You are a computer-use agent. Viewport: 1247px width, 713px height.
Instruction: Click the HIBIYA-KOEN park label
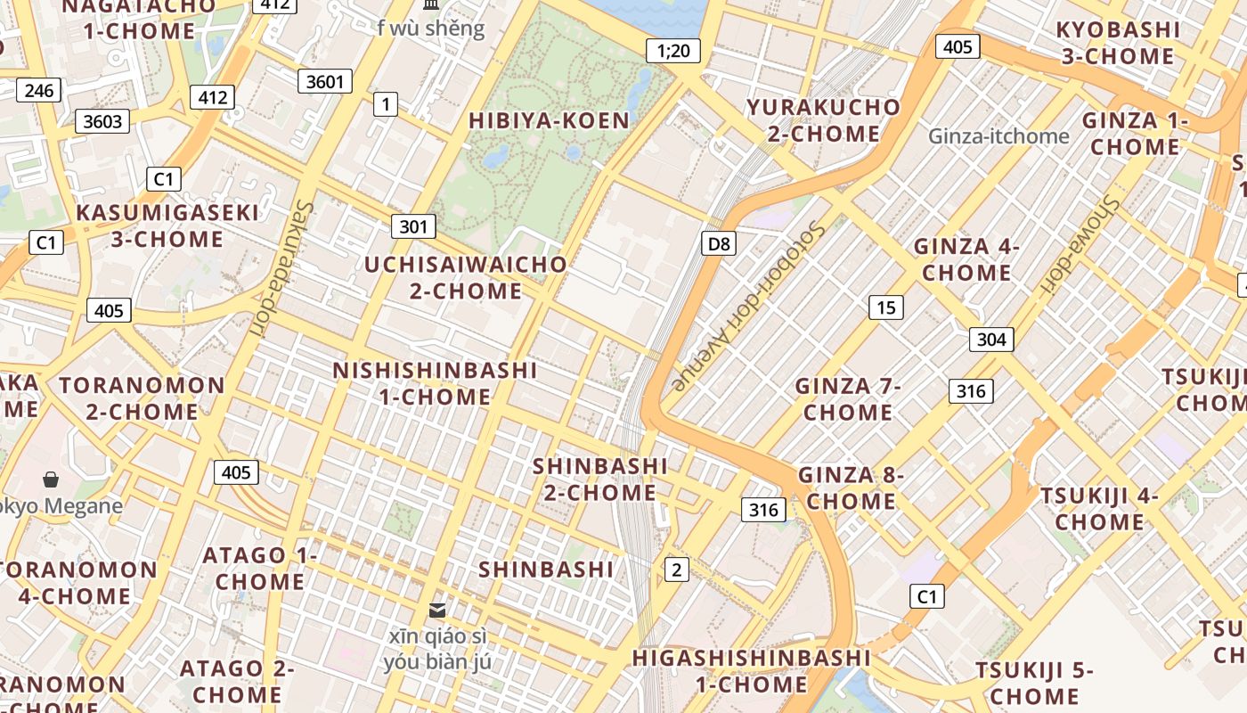(x=549, y=120)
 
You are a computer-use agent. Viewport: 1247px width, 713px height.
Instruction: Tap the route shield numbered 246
(x=39, y=90)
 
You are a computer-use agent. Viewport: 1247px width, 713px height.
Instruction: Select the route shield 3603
(x=102, y=120)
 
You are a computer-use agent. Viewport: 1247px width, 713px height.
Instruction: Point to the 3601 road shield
(x=324, y=82)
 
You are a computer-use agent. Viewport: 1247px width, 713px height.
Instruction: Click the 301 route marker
(x=413, y=226)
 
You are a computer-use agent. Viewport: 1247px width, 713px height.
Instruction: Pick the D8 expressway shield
(x=718, y=243)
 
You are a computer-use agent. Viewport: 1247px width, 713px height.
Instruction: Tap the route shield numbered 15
(x=885, y=307)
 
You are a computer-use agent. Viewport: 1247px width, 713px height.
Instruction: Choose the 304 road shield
(x=991, y=339)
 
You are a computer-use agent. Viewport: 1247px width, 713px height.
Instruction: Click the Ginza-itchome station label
(x=998, y=136)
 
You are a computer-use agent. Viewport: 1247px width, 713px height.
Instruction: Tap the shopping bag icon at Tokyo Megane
(x=51, y=479)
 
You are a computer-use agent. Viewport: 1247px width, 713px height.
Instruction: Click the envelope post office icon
(x=437, y=610)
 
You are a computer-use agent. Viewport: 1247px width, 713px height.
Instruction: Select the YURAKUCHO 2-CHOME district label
(x=824, y=120)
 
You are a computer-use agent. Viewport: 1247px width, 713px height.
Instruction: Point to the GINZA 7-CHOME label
(x=848, y=398)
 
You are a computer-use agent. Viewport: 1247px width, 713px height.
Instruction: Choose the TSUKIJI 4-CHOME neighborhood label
(x=1099, y=508)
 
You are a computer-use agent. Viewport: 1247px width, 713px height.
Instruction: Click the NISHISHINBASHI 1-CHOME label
(x=436, y=383)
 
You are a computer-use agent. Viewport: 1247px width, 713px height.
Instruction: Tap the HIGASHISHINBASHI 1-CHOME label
(x=751, y=671)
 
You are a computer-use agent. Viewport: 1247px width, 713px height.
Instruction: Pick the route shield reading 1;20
(x=673, y=51)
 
